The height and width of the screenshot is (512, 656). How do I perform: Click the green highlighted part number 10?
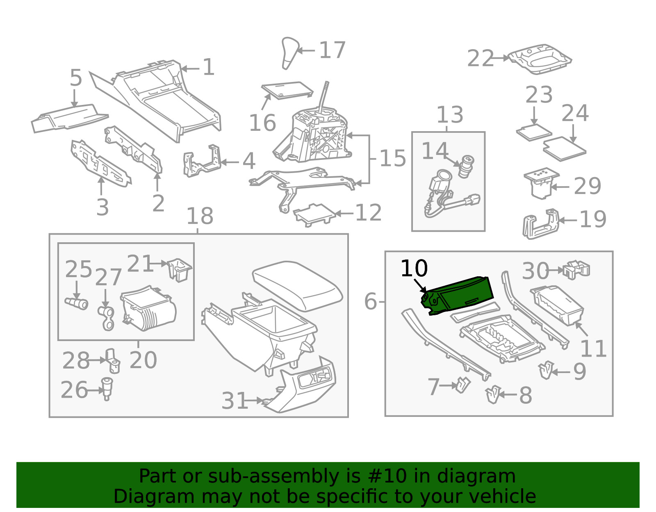[x=458, y=296]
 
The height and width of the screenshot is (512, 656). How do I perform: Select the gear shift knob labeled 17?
[x=290, y=53]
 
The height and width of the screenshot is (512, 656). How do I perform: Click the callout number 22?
[x=480, y=59]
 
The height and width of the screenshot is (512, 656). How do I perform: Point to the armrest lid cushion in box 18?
[x=297, y=285]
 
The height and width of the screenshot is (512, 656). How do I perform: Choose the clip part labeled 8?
[x=493, y=395]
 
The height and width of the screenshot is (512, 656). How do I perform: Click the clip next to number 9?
[x=546, y=370]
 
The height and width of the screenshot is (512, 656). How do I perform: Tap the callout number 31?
[x=235, y=400]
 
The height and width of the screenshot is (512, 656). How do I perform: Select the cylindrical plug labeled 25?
[x=76, y=303]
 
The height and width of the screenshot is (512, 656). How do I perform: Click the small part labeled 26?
[x=107, y=389]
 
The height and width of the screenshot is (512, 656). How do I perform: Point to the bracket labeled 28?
[x=113, y=361]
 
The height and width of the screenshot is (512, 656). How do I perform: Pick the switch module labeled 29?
[x=541, y=183]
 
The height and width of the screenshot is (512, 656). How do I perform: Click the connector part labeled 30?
[x=576, y=269]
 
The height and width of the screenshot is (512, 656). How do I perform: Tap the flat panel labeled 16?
[x=287, y=90]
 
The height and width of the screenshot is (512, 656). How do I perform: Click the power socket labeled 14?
[x=466, y=166]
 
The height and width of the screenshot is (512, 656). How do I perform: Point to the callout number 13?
[x=450, y=115]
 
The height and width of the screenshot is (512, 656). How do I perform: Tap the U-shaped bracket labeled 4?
[x=202, y=161]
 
